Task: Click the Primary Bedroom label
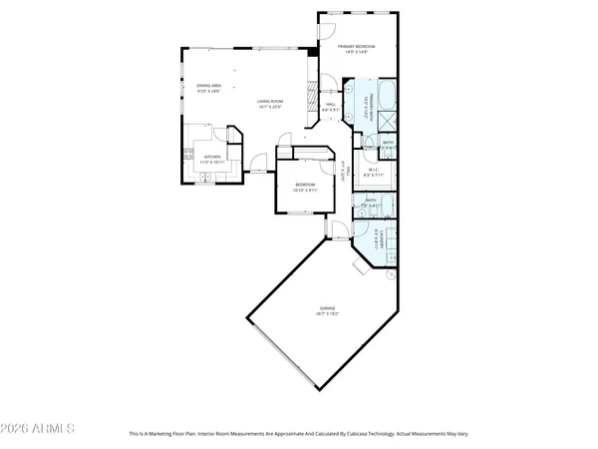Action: (354, 47)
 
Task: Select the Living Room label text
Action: (271, 101)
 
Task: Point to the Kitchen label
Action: (212, 157)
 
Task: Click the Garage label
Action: (328, 308)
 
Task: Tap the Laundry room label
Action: (381, 239)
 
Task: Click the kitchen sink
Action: (205, 177)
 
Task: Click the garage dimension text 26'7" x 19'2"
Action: (328, 313)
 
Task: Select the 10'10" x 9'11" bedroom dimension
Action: (305, 190)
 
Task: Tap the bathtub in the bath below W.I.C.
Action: (388, 208)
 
